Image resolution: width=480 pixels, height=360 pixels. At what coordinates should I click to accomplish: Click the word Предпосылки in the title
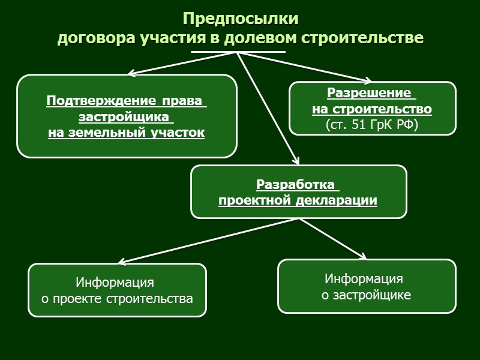(240, 19)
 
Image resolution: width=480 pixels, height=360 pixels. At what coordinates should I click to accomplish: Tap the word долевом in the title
(264, 38)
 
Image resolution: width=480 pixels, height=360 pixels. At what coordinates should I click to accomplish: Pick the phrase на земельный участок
(127, 133)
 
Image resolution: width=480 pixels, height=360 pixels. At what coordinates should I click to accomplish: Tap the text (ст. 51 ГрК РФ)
(372, 125)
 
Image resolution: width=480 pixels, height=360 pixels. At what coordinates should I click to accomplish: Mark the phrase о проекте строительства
(117, 298)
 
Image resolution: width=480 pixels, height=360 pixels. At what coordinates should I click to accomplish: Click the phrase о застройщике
(367, 295)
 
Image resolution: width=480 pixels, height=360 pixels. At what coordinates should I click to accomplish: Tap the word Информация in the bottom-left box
(115, 282)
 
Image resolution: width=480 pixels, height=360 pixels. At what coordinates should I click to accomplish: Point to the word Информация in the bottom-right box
(364, 278)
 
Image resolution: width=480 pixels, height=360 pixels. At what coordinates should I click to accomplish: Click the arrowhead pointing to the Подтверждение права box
(131, 74)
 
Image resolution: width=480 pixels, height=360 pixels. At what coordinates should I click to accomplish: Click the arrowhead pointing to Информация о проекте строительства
(121, 262)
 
